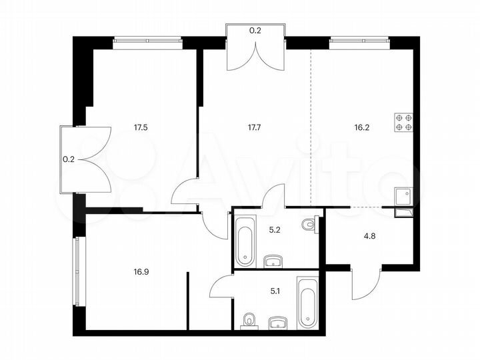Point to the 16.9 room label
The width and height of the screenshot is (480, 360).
pos(140,271)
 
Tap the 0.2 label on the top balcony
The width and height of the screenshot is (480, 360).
pos(255,30)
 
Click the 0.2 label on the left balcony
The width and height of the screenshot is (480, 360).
pos(68,159)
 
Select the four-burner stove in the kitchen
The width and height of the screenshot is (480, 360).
pos(404,121)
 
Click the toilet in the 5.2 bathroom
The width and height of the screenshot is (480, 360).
pos(308,226)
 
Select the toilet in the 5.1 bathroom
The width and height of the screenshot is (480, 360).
pos(249,321)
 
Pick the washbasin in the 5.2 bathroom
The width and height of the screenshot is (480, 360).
pos(273,259)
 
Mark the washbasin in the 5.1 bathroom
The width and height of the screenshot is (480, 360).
pos(279,323)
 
